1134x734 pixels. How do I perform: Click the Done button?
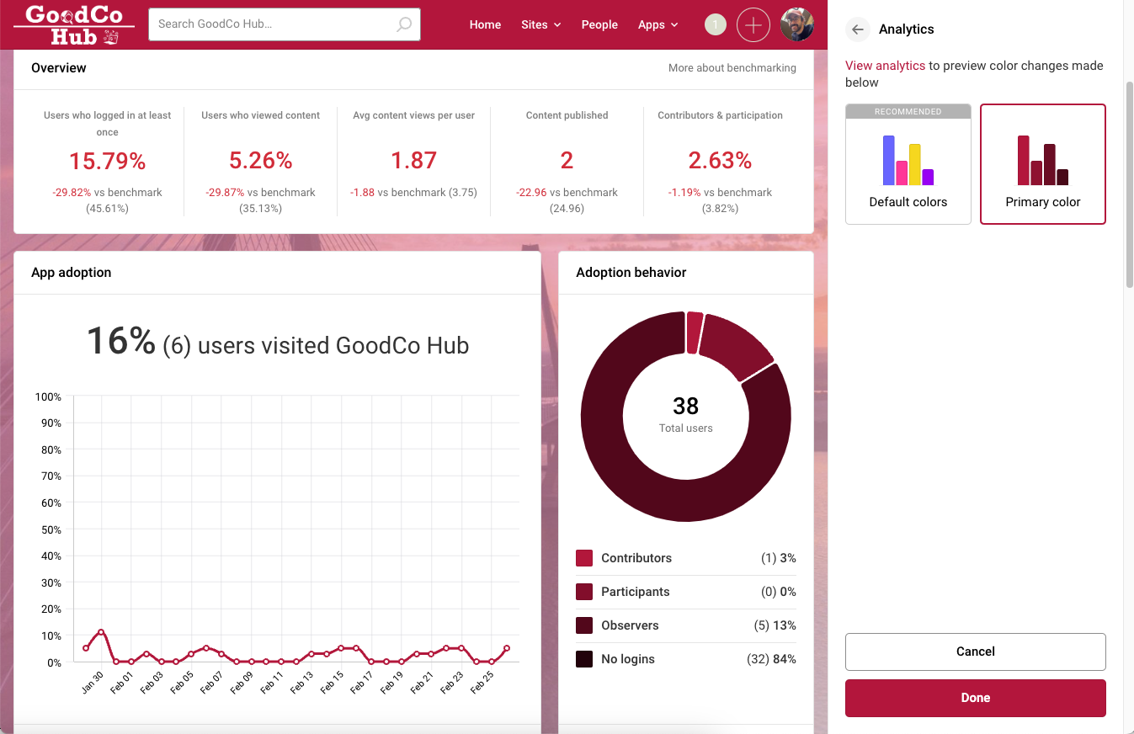pyautogui.click(x=975, y=698)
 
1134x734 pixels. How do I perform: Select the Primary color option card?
pyautogui.click(x=1042, y=165)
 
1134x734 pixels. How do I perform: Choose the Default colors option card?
pyautogui.click(x=908, y=165)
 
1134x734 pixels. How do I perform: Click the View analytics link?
pyautogui.click(x=885, y=66)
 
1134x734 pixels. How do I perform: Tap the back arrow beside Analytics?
pyautogui.click(x=857, y=29)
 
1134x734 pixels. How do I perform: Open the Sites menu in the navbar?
pyautogui.click(x=540, y=25)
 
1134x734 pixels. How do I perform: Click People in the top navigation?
pyautogui.click(x=599, y=25)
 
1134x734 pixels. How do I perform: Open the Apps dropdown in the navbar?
pyautogui.click(x=658, y=25)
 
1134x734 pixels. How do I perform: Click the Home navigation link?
pyautogui.click(x=485, y=25)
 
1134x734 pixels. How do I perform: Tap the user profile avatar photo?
pyautogui.click(x=796, y=25)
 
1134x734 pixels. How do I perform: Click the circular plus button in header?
pyautogui.click(x=753, y=25)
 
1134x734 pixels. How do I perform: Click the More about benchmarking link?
pyautogui.click(x=732, y=68)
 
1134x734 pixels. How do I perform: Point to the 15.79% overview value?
pyautogui.click(x=107, y=161)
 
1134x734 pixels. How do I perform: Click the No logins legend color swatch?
pyautogui.click(x=584, y=659)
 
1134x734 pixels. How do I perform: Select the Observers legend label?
pyautogui.click(x=630, y=625)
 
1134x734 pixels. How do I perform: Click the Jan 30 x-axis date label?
pyautogui.click(x=93, y=682)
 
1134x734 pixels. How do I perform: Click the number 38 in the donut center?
pyautogui.click(x=685, y=407)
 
